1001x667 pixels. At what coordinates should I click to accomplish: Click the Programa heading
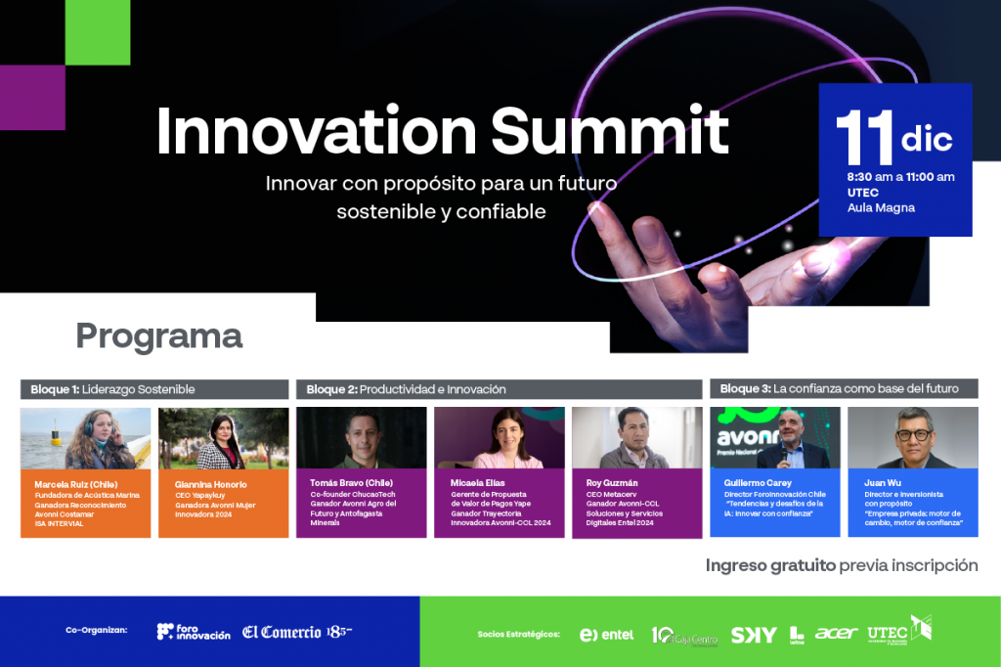pyautogui.click(x=158, y=336)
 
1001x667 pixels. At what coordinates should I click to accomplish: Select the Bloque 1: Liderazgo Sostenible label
pyautogui.click(x=113, y=389)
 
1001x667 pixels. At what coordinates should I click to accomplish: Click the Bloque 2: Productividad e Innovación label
pyautogui.click(x=406, y=389)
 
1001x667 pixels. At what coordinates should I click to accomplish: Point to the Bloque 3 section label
pyautogui.click(x=839, y=388)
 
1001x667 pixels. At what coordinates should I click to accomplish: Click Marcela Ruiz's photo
pyautogui.click(x=86, y=438)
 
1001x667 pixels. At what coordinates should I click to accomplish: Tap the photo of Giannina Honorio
pyautogui.click(x=224, y=438)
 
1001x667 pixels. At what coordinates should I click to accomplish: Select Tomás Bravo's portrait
pyautogui.click(x=362, y=438)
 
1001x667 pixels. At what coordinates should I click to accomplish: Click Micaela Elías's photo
pyautogui.click(x=500, y=438)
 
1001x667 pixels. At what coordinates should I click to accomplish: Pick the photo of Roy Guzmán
pyautogui.click(x=637, y=438)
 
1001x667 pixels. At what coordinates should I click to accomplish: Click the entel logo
pyautogui.click(x=606, y=635)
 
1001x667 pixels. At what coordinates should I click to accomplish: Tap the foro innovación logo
pyautogui.click(x=194, y=632)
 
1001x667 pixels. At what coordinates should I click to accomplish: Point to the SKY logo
pyautogui.click(x=754, y=635)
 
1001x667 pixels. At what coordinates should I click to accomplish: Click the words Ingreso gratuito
pyautogui.click(x=770, y=565)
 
